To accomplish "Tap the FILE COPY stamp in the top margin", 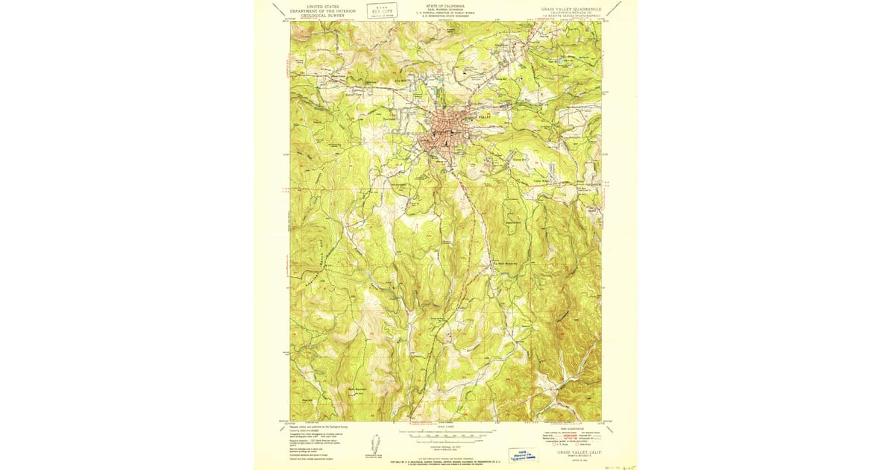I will pos(381,10).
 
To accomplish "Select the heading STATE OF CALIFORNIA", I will pos(445,5).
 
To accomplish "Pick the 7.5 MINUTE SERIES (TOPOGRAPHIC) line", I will pos(573,17).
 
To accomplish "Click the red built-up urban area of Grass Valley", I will pos(441,131).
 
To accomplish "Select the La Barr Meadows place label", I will pos(503,261).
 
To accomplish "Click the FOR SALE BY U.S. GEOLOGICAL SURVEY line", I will pos(446,463).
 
